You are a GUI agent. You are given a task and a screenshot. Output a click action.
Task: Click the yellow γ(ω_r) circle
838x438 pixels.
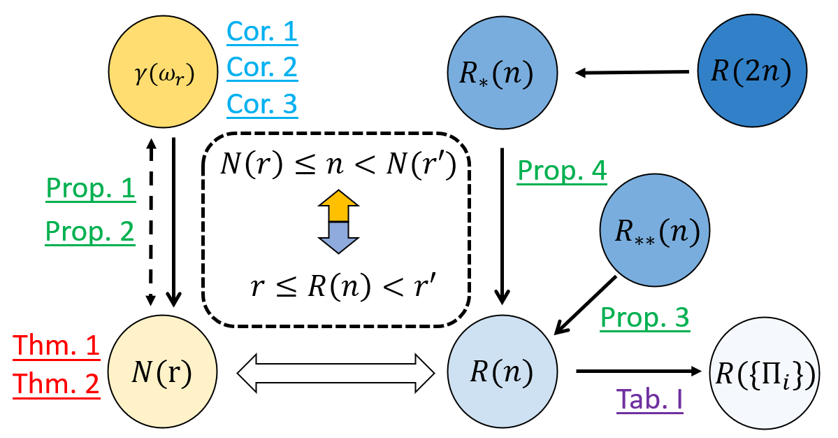click(x=162, y=72)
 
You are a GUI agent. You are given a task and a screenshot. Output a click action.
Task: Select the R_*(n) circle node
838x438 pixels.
click(x=502, y=72)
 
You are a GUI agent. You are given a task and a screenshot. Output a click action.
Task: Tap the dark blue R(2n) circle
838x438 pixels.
click(x=752, y=71)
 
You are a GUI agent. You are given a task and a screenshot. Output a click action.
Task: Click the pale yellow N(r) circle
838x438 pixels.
click(x=162, y=372)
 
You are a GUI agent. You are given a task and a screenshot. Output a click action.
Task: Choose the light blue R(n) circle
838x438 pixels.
click(x=502, y=372)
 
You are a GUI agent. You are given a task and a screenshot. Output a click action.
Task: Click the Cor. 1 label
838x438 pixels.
click(x=261, y=31)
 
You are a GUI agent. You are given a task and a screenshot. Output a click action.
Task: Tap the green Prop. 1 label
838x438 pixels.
click(x=90, y=189)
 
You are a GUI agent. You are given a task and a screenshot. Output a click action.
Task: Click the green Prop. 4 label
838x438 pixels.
click(x=561, y=171)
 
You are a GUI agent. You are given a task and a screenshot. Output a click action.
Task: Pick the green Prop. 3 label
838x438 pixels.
click(x=645, y=318)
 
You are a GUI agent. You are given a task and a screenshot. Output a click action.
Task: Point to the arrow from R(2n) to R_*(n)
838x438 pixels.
click(x=632, y=72)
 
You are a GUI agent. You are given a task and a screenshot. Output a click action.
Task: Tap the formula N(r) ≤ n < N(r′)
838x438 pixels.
click(x=335, y=166)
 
